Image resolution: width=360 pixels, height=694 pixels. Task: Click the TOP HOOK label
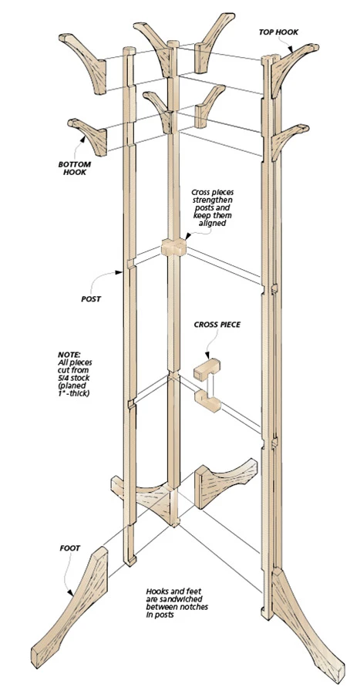[x=278, y=32]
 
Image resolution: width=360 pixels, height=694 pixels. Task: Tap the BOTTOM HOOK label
[x=75, y=168]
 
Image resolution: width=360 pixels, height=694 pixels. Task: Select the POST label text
[x=91, y=298]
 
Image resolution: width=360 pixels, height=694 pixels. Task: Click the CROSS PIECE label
[x=217, y=325]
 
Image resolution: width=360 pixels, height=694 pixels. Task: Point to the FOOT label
[x=70, y=548]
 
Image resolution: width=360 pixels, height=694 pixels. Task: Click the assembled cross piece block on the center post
[x=173, y=248]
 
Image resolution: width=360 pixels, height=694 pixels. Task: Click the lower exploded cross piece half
[x=207, y=401]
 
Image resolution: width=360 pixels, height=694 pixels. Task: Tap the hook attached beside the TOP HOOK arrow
[x=291, y=65]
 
